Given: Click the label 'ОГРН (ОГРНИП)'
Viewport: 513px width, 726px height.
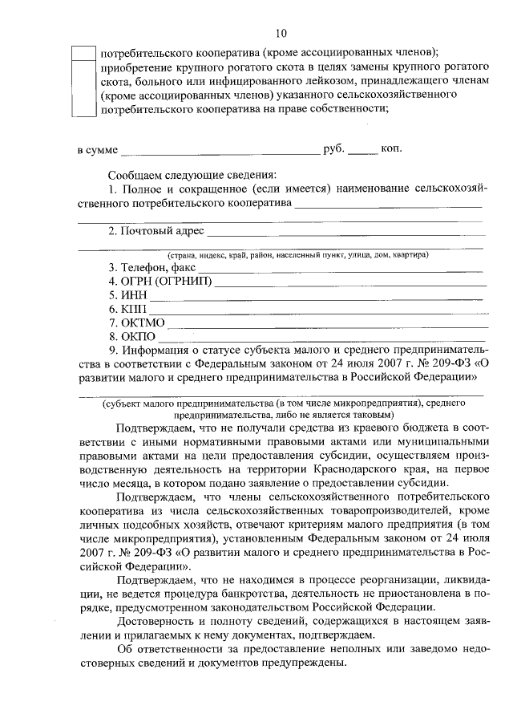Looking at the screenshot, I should (x=164, y=282).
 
